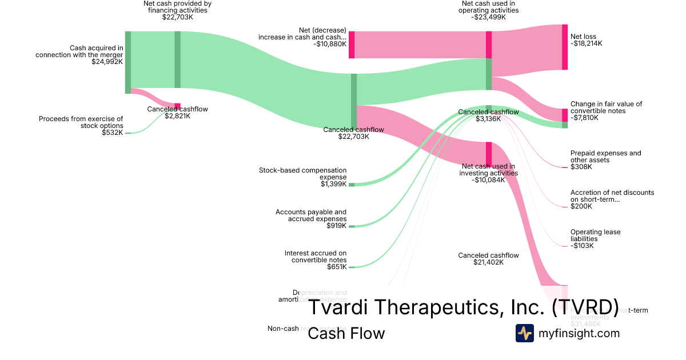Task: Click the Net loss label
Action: pyautogui.click(x=583, y=37)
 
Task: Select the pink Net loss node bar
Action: pyautogui.click(x=565, y=47)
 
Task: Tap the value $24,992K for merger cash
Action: pyautogui.click(x=107, y=62)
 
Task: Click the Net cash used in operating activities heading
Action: pyautogui.click(x=489, y=10)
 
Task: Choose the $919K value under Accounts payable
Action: pyautogui.click(x=337, y=226)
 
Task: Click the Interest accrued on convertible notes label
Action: pyautogui.click(x=315, y=256)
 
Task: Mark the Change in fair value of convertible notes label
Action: pyautogui.click(x=606, y=107)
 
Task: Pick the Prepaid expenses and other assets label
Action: pyautogui.click(x=605, y=157)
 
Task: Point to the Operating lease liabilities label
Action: pyautogui.click(x=595, y=235)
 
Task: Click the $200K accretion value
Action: pyautogui.click(x=581, y=206)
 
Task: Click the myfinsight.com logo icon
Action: pyautogui.click(x=524, y=333)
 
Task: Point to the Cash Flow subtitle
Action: pyautogui.click(x=346, y=333)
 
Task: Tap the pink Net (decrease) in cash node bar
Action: pyautogui.click(x=352, y=45)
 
